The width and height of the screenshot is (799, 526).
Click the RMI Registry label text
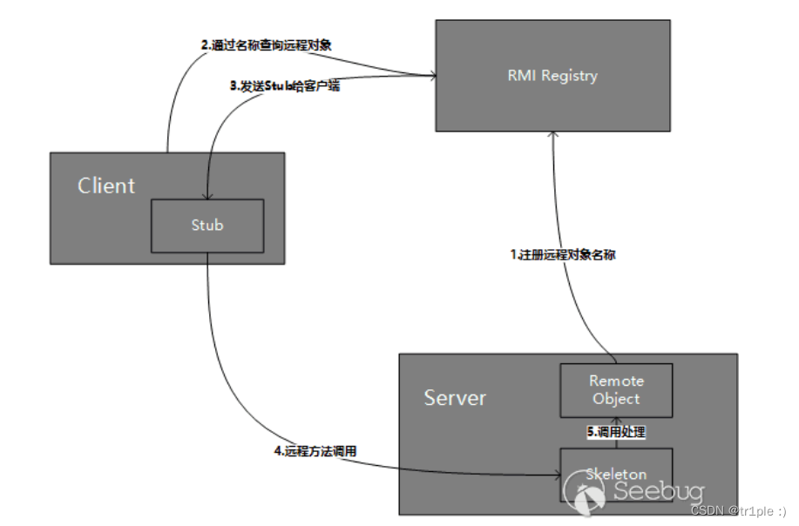click(x=552, y=76)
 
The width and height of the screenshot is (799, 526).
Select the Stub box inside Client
click(x=207, y=226)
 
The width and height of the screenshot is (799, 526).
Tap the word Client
click(x=106, y=185)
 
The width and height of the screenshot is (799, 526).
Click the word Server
click(x=455, y=398)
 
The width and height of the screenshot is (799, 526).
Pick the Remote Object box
click(x=615, y=390)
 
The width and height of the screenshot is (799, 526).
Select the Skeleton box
click(x=615, y=475)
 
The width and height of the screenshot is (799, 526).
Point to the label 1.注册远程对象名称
click(x=563, y=256)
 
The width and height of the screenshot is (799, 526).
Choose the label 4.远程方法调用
click(x=315, y=451)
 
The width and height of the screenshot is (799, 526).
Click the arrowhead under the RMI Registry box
click(x=552, y=136)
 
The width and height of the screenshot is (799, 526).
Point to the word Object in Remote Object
click(x=616, y=399)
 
